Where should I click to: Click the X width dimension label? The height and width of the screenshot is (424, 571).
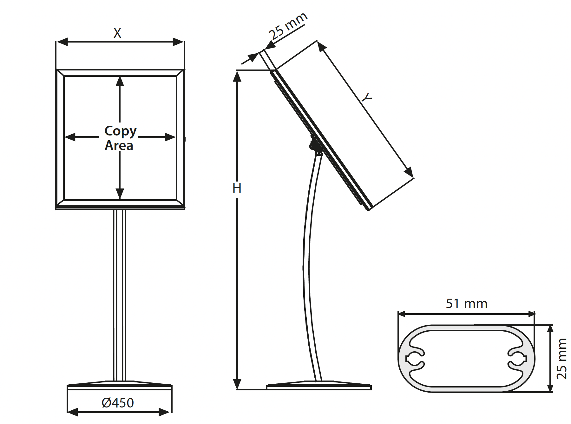click(x=117, y=33)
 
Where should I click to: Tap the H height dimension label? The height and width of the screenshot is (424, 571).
click(x=237, y=188)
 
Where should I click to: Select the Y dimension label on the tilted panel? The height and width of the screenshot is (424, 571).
click(x=367, y=98)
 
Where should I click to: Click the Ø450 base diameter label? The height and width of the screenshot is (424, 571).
click(x=118, y=403)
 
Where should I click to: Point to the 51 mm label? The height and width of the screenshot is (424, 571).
click(x=466, y=304)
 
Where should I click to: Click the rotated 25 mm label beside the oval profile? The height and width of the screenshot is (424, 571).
click(x=561, y=359)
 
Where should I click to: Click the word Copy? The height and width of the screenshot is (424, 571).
click(x=120, y=131)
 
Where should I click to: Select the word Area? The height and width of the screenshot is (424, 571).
click(x=119, y=146)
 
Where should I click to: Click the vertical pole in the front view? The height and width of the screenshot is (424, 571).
click(x=120, y=295)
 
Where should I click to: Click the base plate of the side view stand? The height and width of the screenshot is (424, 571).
click(x=319, y=387)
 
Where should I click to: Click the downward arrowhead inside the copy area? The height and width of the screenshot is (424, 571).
click(x=120, y=193)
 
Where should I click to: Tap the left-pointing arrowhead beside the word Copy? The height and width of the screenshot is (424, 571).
click(x=70, y=137)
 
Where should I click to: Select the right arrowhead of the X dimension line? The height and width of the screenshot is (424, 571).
click(x=178, y=42)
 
